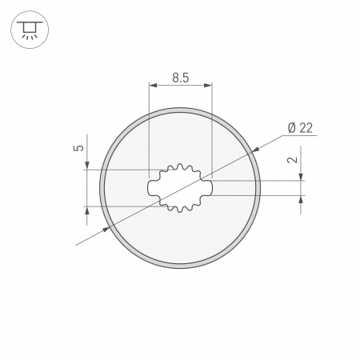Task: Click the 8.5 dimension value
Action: point(180,78)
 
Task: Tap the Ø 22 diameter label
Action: point(298,128)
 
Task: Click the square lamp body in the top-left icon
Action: point(29,28)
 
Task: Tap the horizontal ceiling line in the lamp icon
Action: point(29,22)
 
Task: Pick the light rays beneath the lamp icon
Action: point(29,37)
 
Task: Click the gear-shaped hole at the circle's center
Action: point(180,188)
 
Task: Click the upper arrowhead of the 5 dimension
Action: point(86,165)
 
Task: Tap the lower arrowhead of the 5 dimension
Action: point(86,210)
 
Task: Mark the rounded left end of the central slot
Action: point(151,188)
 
